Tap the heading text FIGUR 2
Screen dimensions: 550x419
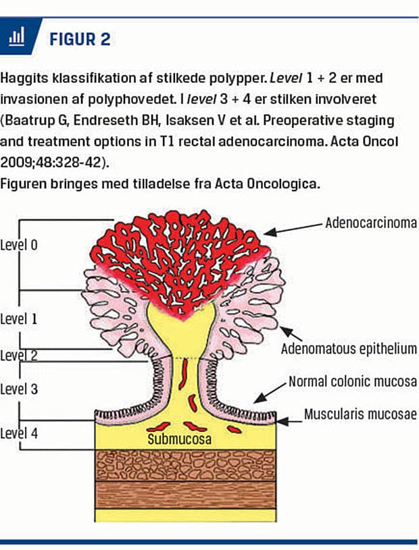[80, 38]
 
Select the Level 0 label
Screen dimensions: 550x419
[19, 245]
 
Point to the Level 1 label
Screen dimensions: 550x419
[19, 319]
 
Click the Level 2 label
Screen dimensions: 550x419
[19, 356]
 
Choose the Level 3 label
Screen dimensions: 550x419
[19, 389]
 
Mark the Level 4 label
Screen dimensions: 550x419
[19, 433]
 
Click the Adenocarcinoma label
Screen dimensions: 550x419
[371, 222]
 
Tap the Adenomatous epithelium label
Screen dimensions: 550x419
[349, 349]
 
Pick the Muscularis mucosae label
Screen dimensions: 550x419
[361, 414]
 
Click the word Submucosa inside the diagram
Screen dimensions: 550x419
[180, 439]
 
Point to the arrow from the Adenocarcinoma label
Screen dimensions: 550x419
[291, 227]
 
